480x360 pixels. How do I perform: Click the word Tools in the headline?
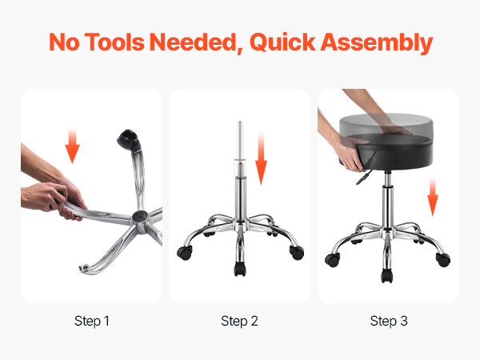click(x=114, y=42)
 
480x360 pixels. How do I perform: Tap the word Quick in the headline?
click(x=282, y=42)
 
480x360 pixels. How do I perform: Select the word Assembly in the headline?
click(x=377, y=43)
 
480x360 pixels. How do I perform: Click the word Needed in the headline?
click(x=196, y=42)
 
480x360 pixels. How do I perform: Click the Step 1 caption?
click(x=92, y=321)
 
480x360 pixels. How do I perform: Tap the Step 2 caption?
click(x=239, y=321)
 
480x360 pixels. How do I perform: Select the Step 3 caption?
click(x=389, y=321)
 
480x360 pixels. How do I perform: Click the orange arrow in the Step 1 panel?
click(x=73, y=145)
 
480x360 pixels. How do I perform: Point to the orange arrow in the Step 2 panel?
click(x=261, y=158)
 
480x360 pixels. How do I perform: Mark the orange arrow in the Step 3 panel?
click(x=432, y=197)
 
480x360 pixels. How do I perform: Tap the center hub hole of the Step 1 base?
click(x=139, y=217)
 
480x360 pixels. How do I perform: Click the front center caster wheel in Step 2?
click(x=240, y=269)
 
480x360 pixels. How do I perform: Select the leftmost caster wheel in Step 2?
click(x=185, y=253)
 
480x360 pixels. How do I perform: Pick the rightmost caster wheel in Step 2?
click(x=297, y=253)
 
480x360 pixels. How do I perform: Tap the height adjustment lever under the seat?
click(x=364, y=178)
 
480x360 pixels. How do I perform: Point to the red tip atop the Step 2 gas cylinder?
click(x=240, y=122)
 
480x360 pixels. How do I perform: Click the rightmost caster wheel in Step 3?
click(x=443, y=259)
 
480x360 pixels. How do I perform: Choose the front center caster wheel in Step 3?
click(x=387, y=275)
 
